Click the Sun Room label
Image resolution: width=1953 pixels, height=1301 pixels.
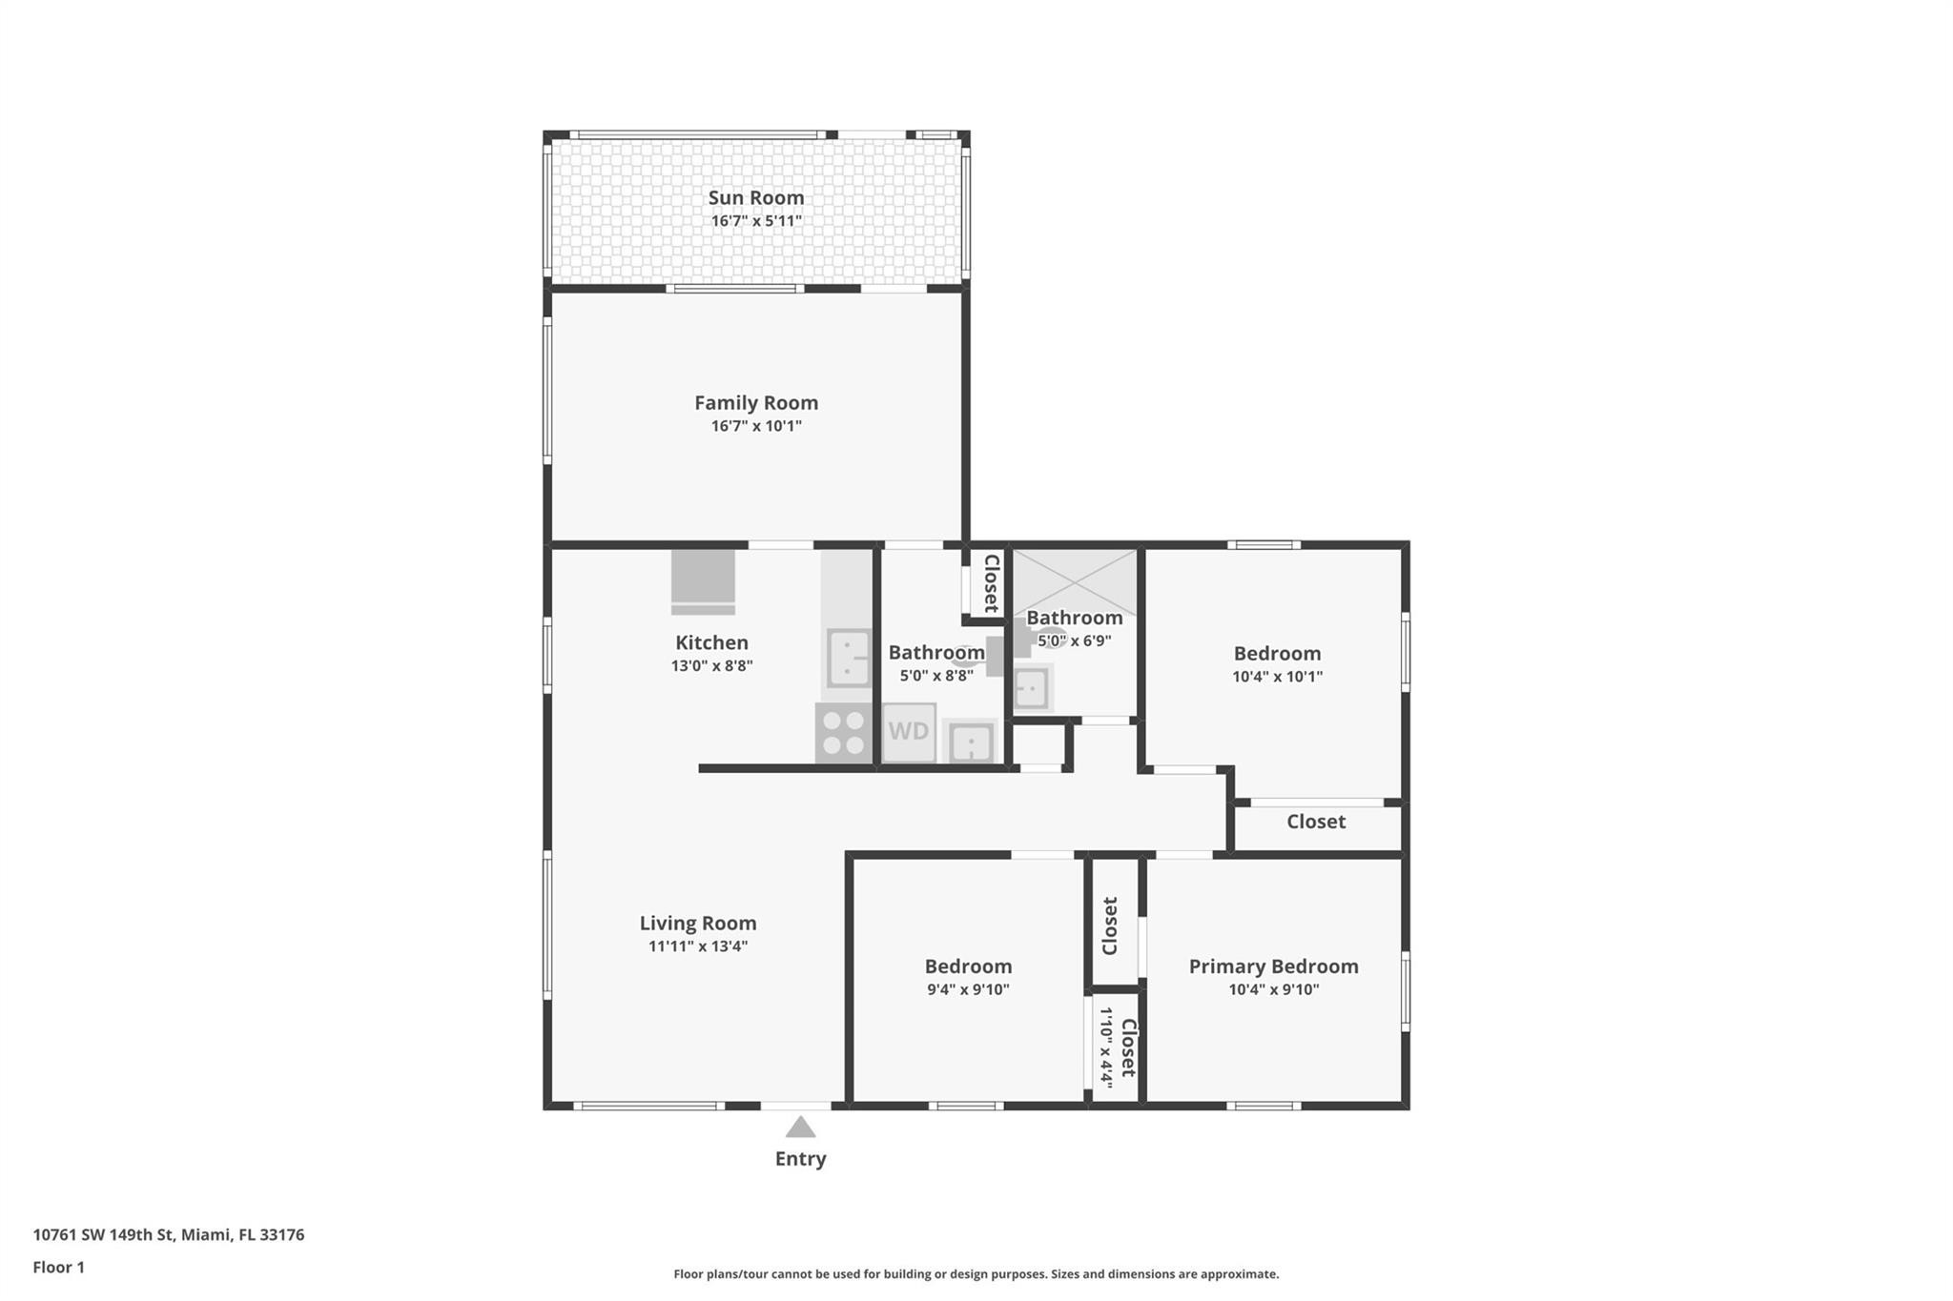[755, 197]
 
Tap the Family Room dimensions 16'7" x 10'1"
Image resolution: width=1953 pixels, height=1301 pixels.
[755, 426]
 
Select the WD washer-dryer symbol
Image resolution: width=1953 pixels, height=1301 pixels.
[908, 732]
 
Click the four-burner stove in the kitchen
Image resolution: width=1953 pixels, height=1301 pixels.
[843, 733]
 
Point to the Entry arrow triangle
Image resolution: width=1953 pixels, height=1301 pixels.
[800, 1128]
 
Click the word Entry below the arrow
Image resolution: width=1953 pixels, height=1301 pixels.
[800, 1159]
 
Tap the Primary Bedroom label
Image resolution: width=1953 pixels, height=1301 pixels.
[1273, 966]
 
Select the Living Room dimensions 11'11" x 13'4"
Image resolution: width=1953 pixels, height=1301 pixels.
[697, 946]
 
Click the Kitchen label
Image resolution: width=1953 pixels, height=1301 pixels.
[711, 642]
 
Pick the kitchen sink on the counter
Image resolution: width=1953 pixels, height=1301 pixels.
[848, 658]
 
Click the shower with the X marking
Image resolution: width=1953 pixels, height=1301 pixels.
[1075, 581]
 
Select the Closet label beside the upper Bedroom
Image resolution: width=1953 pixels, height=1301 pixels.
[1315, 822]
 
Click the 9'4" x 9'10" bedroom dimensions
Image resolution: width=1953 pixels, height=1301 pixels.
[968, 989]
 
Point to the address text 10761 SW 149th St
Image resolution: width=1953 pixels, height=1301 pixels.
[168, 1235]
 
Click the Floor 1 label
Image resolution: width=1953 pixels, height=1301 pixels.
[58, 1268]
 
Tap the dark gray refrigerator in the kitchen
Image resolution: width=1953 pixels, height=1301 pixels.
[703, 580]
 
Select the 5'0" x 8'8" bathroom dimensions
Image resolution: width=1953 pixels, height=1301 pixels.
[935, 676]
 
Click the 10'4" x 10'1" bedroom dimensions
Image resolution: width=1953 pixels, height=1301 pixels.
[1277, 677]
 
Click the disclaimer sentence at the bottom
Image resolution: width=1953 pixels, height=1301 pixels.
[976, 1274]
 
